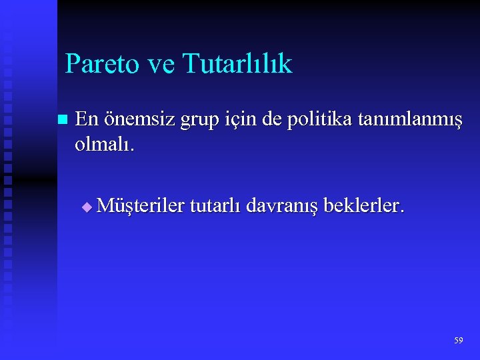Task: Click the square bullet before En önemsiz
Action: coord(62,121)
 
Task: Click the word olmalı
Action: coord(105,145)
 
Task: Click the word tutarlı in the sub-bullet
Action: coord(216,206)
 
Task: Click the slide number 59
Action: coord(458,341)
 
